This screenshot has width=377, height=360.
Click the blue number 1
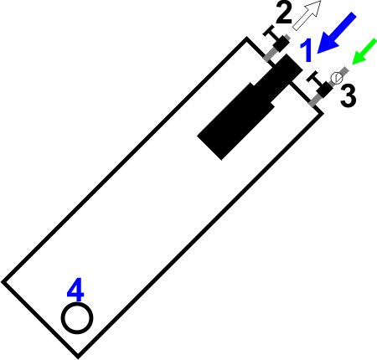pos(306,50)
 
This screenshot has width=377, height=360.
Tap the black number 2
pos(284,13)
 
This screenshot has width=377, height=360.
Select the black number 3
pos(349,95)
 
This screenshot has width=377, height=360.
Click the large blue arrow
pos(337,33)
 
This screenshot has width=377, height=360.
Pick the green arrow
pos(364,52)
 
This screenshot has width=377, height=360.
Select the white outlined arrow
pos(307,15)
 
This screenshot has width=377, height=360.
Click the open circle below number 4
pos(77,318)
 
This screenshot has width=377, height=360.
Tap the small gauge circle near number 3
pos(337,78)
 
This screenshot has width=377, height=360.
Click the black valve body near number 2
pos(281,44)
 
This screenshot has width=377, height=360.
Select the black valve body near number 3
pos(324,90)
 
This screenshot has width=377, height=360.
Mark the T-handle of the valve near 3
pos(315,79)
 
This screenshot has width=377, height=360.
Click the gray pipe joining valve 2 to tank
pos(271,54)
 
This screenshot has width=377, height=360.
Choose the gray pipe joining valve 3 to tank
pos(315,100)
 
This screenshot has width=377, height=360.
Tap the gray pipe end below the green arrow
pos(345,71)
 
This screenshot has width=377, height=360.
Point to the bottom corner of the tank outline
pos(78,357)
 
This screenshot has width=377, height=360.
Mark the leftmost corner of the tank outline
pos(2,282)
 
